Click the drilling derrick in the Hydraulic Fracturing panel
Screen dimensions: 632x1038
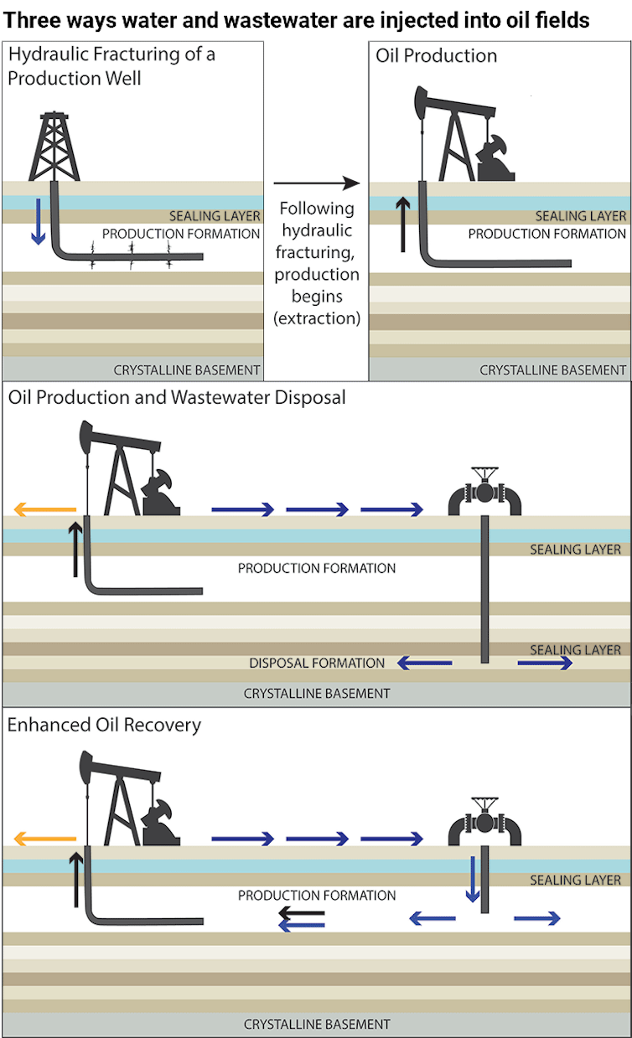coord(54,147)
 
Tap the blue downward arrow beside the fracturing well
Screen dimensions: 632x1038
coord(38,221)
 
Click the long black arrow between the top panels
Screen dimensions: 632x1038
coord(317,183)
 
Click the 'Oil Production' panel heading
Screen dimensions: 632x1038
coord(437,55)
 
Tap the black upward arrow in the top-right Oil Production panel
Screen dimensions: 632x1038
coord(403,225)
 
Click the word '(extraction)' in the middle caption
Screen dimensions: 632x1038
coord(317,318)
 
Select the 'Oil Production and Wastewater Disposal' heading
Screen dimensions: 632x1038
coord(177,397)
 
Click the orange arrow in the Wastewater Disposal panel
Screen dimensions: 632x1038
coord(45,509)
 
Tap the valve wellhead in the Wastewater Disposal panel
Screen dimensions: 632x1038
coord(484,491)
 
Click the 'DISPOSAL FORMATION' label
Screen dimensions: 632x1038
coord(317,664)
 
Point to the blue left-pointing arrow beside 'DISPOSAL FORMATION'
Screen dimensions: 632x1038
coord(424,664)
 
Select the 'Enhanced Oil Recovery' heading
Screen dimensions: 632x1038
coord(104,725)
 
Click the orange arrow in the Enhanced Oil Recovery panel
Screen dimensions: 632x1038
coord(45,839)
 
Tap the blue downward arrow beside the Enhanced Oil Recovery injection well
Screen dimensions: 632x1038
coord(473,879)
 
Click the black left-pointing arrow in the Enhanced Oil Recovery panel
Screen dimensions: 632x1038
coord(302,913)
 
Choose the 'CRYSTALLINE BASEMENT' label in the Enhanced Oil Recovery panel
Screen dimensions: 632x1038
coord(317,1024)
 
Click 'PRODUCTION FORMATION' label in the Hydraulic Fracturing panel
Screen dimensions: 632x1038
coord(181,234)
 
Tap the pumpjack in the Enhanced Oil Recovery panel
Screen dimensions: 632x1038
coord(130,798)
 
